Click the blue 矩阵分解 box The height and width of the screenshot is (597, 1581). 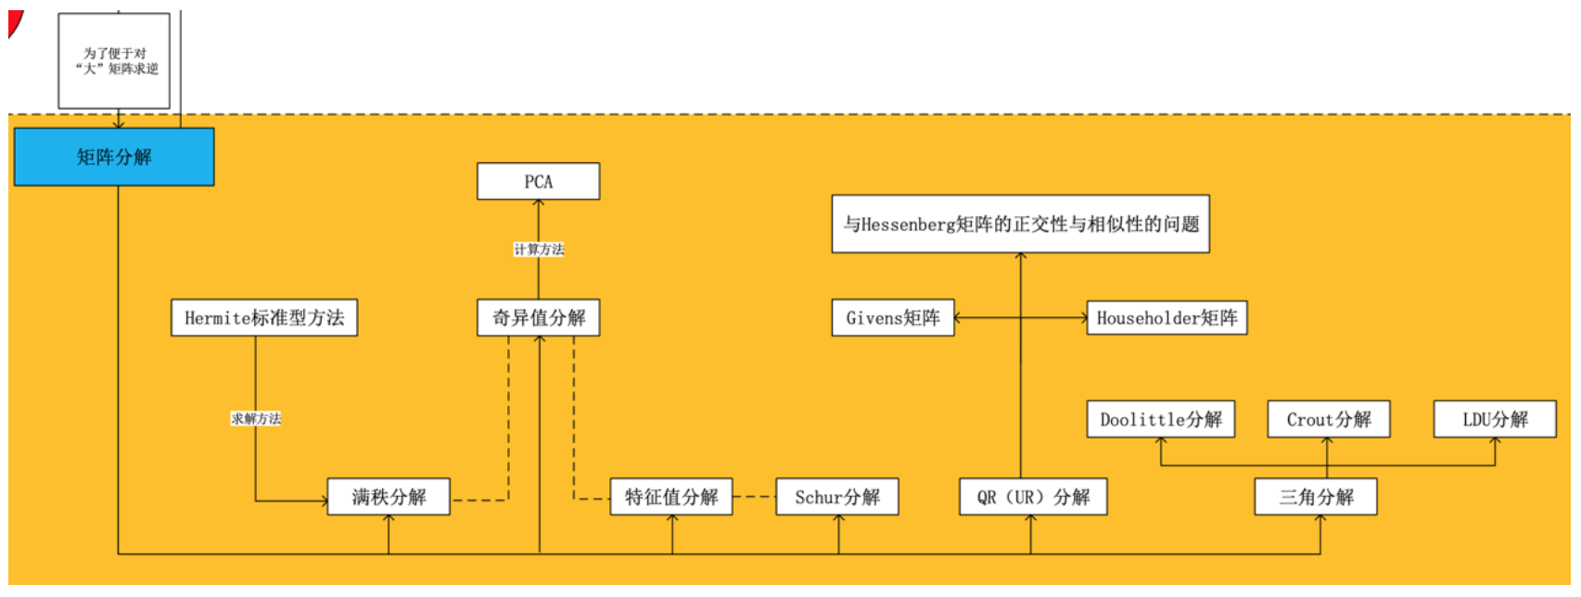pyautogui.click(x=114, y=157)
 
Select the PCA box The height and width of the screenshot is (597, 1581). pyautogui.click(x=538, y=182)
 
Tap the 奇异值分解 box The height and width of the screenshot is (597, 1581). pyautogui.click(x=538, y=318)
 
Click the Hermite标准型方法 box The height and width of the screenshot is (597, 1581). pyautogui.click(x=264, y=318)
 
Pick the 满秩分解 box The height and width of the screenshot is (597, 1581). pyautogui.click(x=389, y=497)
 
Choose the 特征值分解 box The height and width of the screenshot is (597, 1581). pyautogui.click(x=671, y=497)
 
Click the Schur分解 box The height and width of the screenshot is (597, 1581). pyautogui.click(x=837, y=497)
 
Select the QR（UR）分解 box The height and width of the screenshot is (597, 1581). pyautogui.click(x=1033, y=497)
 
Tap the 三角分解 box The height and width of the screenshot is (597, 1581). pyautogui.click(x=1316, y=497)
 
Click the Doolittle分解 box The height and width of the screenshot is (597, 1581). pyautogui.click(x=1161, y=419)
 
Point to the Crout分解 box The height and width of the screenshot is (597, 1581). pyautogui.click(x=1328, y=419)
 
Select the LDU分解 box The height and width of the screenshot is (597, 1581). pyautogui.click(x=1495, y=419)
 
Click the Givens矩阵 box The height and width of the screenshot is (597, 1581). pyautogui.click(x=893, y=318)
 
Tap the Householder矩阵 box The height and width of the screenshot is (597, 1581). pyautogui.click(x=1167, y=318)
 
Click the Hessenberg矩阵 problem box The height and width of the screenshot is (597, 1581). pyautogui.click(x=1020, y=223)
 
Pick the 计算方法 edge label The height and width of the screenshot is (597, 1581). pyautogui.click(x=539, y=249)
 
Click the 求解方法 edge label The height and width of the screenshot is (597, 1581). pyautogui.click(x=256, y=418)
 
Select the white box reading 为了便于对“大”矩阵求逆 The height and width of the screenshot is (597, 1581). pyautogui.click(x=114, y=61)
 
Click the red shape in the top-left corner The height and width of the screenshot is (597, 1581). pyautogui.click(x=13, y=22)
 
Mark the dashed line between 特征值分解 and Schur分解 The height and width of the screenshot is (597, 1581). pyautogui.click(x=754, y=497)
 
